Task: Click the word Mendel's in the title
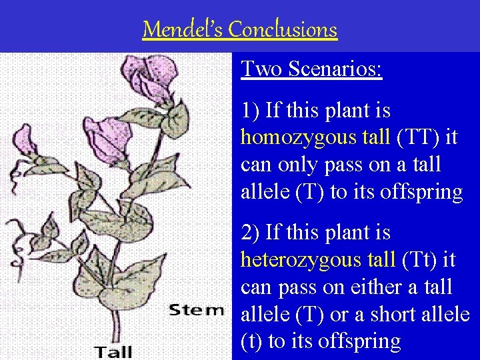pos(182,29)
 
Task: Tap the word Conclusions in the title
pos(282,29)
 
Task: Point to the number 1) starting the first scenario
pos(251,111)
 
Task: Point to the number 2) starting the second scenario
pos(251,233)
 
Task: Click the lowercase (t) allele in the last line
pos(251,341)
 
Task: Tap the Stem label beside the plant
pos(196,309)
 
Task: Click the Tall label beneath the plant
pos(113,351)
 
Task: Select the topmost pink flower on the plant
pos(152,74)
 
